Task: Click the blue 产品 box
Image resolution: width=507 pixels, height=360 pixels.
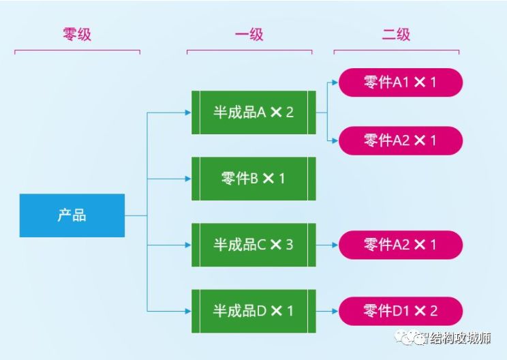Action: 72,215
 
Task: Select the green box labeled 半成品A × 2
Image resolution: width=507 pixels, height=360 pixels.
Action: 253,112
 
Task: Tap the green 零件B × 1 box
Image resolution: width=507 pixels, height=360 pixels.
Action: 253,179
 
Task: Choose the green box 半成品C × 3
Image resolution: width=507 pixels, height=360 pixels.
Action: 253,244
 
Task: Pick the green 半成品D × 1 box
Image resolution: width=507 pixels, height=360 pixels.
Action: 253,311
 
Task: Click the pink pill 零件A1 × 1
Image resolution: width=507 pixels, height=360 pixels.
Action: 400,82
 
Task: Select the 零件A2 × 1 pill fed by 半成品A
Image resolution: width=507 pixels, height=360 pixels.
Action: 400,140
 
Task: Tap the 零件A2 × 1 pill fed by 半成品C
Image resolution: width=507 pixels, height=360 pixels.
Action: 400,244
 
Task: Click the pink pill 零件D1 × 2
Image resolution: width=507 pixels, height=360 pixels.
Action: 400,311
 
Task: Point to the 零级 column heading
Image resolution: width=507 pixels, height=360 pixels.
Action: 76,34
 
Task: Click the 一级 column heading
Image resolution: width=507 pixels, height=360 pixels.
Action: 249,34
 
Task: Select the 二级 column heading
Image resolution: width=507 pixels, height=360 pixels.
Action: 396,34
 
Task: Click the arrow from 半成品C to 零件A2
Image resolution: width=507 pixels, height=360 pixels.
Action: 327,244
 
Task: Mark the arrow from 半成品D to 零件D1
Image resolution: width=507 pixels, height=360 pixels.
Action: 327,311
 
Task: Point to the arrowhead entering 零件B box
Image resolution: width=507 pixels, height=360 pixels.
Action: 188,179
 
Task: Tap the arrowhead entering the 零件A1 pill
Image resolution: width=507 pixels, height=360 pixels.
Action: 335,82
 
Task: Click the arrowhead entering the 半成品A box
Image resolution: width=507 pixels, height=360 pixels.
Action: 188,112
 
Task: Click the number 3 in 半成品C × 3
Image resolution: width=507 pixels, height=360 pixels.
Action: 289,244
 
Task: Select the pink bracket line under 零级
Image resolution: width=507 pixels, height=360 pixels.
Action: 76,50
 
